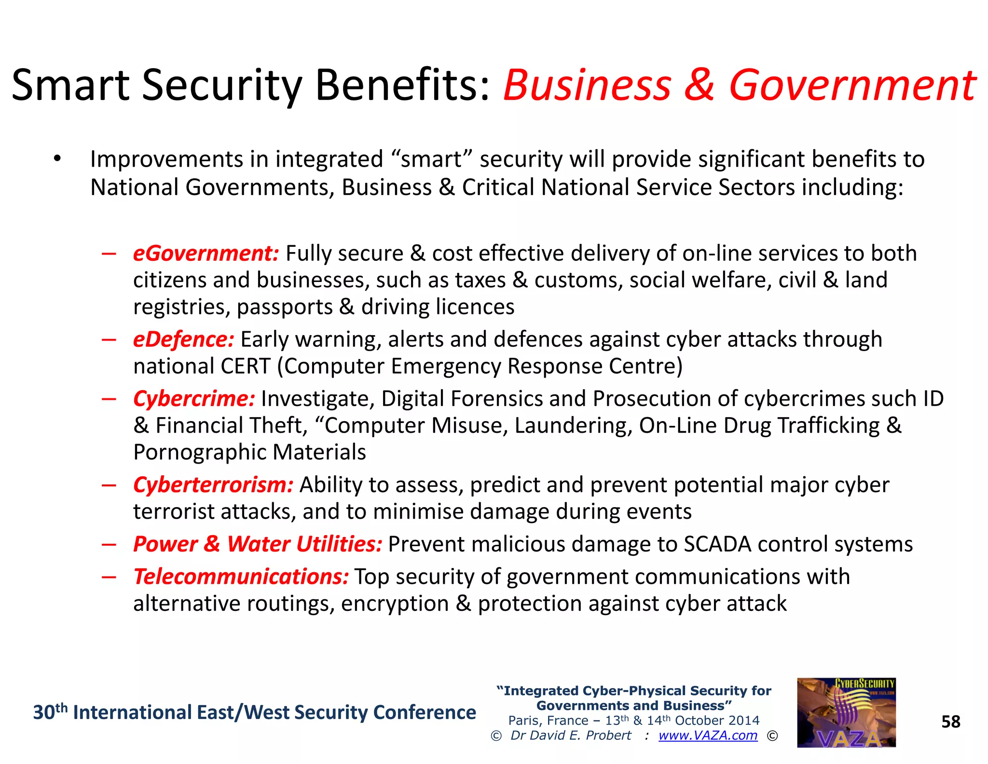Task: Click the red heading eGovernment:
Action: point(206,254)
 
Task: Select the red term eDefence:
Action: point(183,340)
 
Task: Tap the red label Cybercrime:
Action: point(194,399)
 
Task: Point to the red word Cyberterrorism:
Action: point(213,485)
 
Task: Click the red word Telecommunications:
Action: point(241,577)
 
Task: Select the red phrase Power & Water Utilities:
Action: point(258,544)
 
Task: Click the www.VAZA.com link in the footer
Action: point(708,736)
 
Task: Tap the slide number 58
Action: point(951,722)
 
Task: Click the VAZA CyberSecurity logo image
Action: point(846,713)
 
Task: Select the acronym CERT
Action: point(245,367)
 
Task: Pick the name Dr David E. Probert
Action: point(571,736)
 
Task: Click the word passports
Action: point(285,307)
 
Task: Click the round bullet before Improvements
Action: point(57,159)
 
